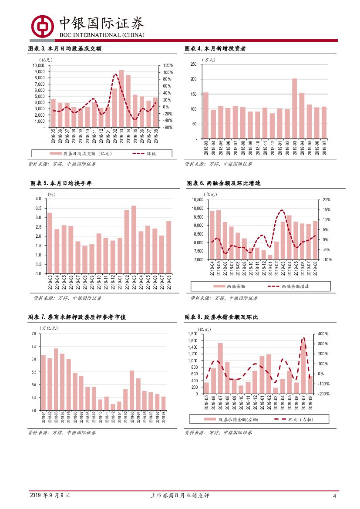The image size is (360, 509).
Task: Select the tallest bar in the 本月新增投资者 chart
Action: coord(294,108)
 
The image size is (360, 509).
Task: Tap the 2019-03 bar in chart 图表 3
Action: coord(121,98)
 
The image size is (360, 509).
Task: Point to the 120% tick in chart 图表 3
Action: coord(168,66)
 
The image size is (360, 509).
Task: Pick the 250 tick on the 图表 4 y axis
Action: coord(193,64)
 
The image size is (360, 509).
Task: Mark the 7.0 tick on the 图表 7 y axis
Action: coord(34,334)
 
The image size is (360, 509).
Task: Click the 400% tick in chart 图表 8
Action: coord(323,334)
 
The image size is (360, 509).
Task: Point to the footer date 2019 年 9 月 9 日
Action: coord(50,496)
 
